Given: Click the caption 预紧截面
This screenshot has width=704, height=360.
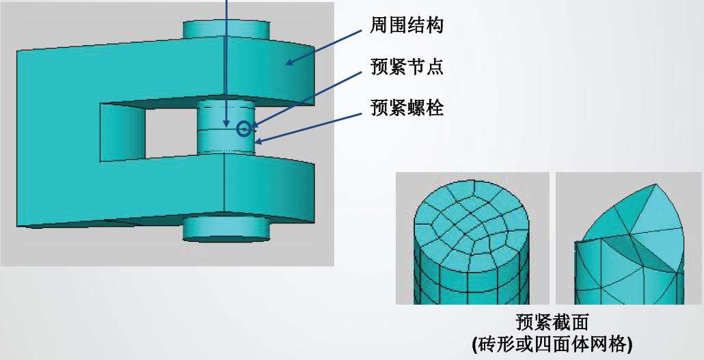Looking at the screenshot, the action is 552,321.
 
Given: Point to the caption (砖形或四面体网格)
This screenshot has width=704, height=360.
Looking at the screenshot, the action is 552,344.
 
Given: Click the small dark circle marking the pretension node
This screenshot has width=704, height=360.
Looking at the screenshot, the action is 243,128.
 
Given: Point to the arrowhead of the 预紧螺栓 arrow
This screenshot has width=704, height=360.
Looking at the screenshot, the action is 257,143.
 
